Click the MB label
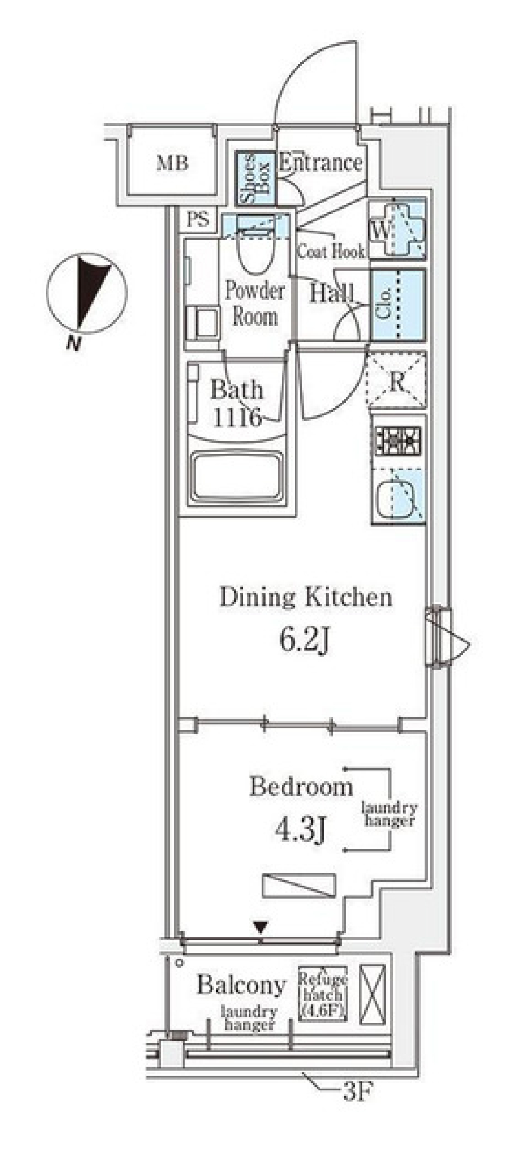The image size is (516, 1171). (172, 163)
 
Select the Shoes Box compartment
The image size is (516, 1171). (255, 178)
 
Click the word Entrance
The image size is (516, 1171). (320, 162)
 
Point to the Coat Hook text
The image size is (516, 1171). (331, 251)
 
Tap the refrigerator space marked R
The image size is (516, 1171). (397, 381)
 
